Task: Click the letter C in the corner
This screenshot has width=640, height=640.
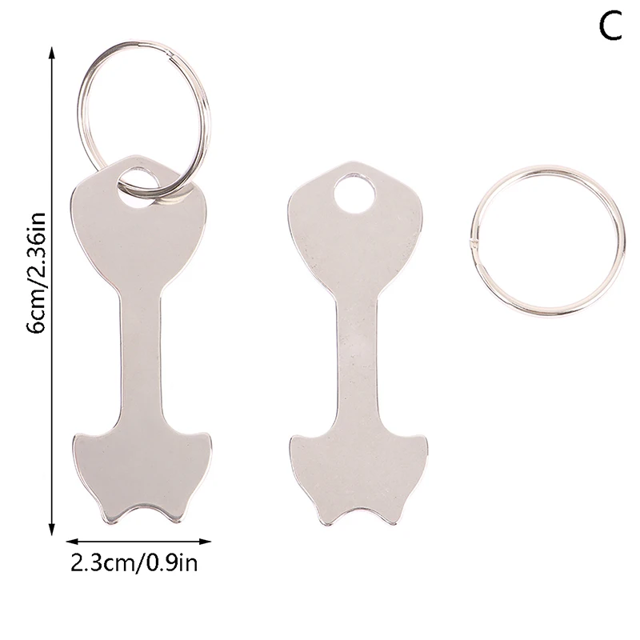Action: click(x=610, y=26)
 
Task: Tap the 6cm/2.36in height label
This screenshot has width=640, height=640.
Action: click(x=36, y=273)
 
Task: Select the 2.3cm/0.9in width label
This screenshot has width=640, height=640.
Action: click(x=134, y=562)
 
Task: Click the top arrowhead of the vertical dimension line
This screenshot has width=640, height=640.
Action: click(x=51, y=53)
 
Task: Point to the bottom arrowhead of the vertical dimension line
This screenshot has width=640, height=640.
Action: click(x=51, y=528)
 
